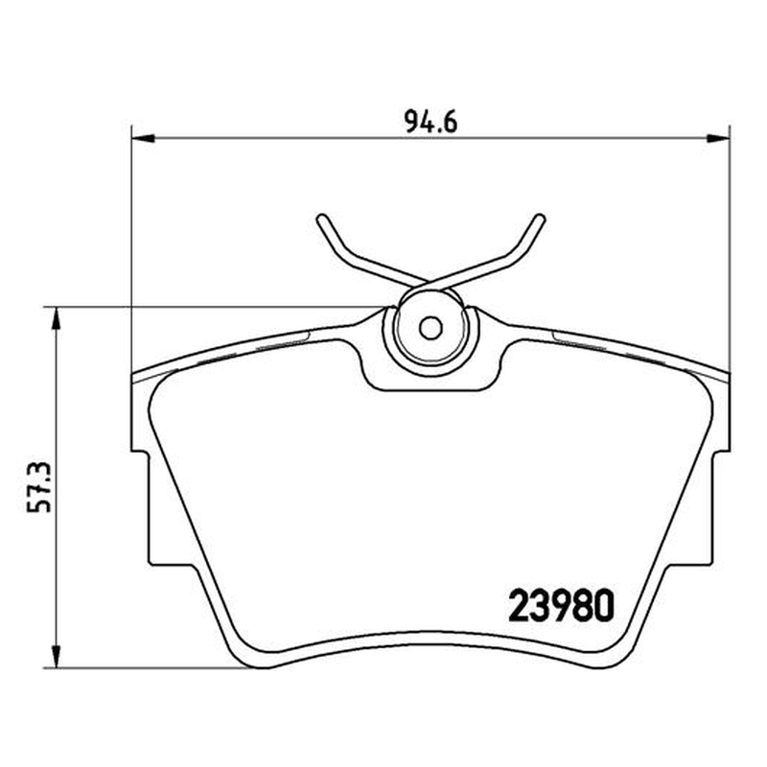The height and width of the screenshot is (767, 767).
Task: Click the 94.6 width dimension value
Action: [430, 123]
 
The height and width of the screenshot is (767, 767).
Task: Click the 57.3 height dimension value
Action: [39, 487]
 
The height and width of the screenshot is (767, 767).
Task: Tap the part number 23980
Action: [561, 605]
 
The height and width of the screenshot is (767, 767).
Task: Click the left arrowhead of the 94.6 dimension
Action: [143, 138]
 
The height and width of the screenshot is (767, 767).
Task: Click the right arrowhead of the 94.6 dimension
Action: [718, 138]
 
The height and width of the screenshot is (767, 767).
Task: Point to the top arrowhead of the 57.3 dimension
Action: [57, 318]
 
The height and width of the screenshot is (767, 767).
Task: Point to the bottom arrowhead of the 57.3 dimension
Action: [57, 657]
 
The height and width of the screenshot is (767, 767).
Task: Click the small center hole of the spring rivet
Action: [430, 328]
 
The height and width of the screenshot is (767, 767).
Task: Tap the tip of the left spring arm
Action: [321, 219]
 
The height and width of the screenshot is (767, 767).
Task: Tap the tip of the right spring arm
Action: [540, 219]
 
